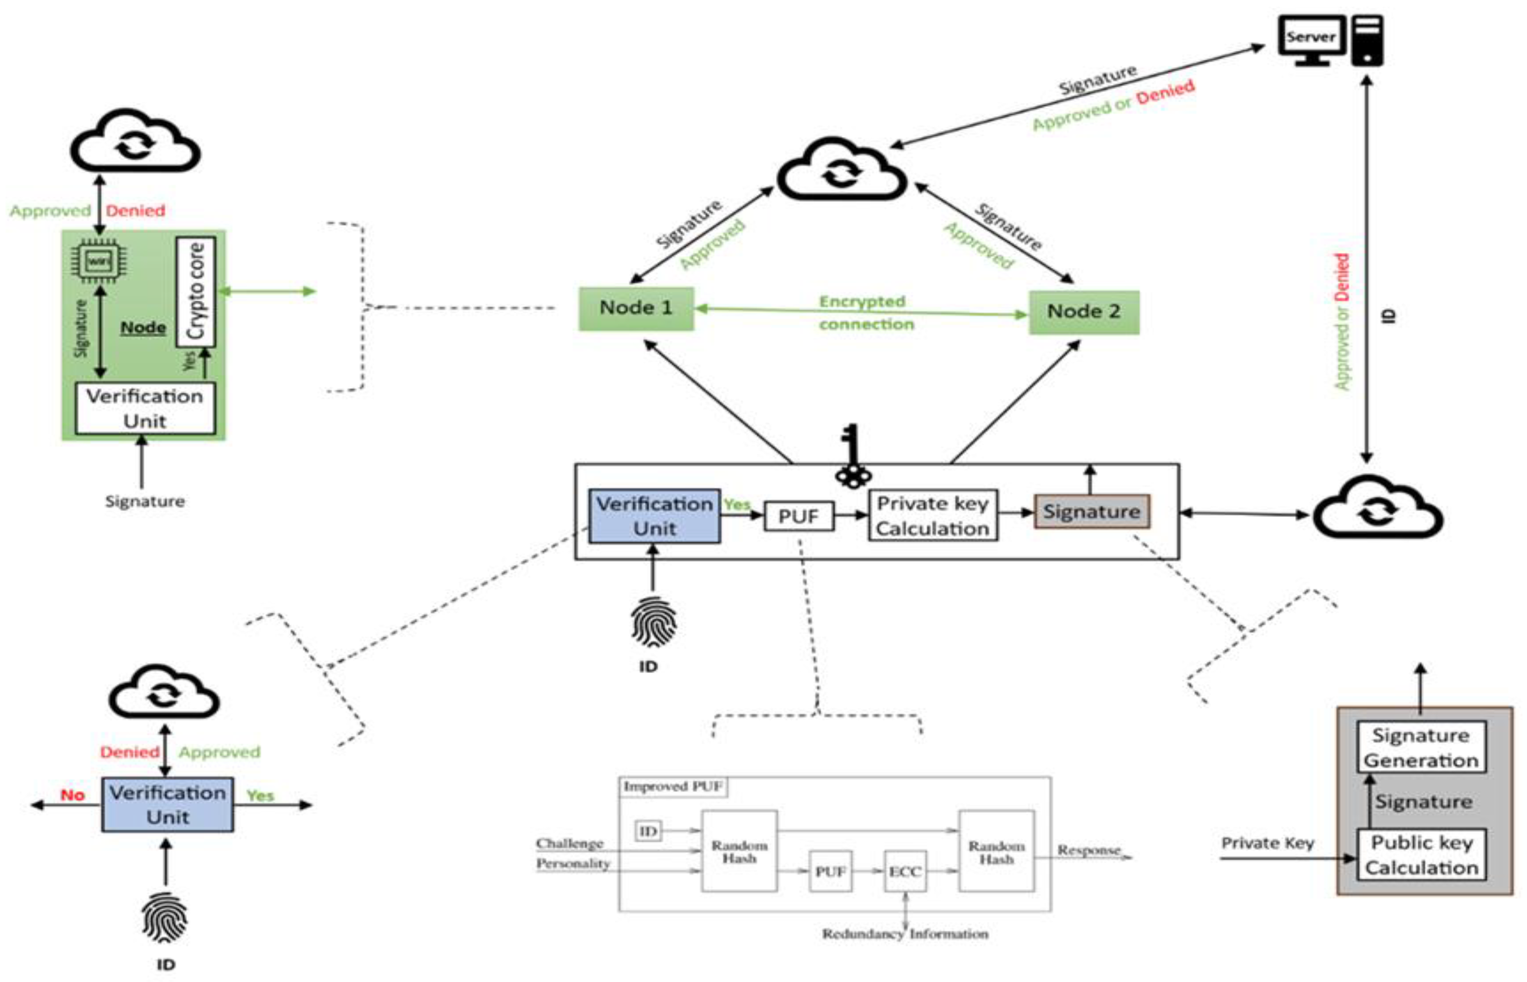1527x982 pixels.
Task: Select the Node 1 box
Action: pyautogui.click(x=636, y=309)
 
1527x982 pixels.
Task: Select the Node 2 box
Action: pyautogui.click(x=1084, y=312)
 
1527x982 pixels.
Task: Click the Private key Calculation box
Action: pyautogui.click(x=933, y=516)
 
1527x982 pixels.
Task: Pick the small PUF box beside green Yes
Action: pyautogui.click(x=799, y=516)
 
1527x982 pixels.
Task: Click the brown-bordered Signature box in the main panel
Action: pyautogui.click(x=1091, y=511)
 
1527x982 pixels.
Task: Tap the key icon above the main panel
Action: pyautogui.click(x=853, y=457)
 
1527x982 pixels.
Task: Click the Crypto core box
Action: pyautogui.click(x=196, y=292)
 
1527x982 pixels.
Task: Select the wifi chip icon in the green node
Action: pyautogui.click(x=98, y=260)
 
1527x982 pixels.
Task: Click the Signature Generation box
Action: pyautogui.click(x=1421, y=747)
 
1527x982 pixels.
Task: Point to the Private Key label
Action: pyautogui.click(x=1267, y=843)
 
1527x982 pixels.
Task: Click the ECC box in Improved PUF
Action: pyautogui.click(x=904, y=871)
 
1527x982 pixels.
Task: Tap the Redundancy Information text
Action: pyautogui.click(x=905, y=934)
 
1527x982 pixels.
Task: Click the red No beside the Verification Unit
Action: pyautogui.click(x=73, y=795)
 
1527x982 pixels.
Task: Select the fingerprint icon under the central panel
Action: pyautogui.click(x=653, y=621)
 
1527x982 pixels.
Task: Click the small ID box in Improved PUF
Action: pyautogui.click(x=648, y=831)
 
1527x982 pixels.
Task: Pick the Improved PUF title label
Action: pyautogui.click(x=673, y=786)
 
